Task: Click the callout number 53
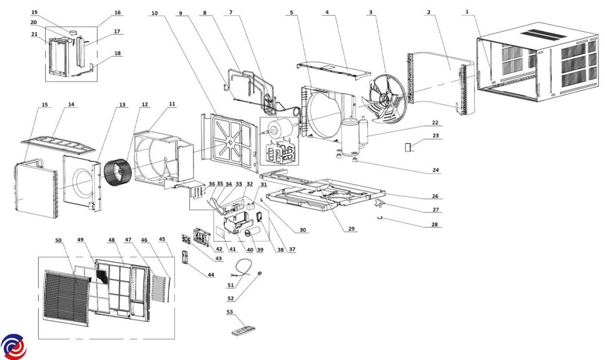tap(230, 313)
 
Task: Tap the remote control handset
tap(243, 331)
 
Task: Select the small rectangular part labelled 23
tap(408, 147)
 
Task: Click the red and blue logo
tap(13, 347)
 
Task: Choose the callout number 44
tap(211, 275)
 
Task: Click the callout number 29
tap(351, 229)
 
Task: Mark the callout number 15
tap(45, 105)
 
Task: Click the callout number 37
tap(292, 250)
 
